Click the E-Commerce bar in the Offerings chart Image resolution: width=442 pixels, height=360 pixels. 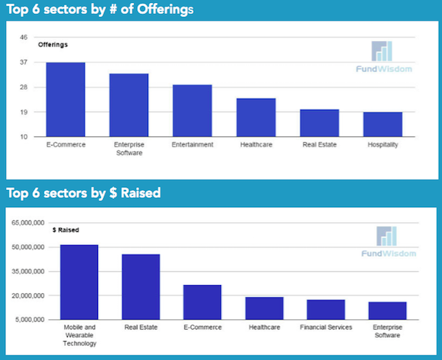[66, 99]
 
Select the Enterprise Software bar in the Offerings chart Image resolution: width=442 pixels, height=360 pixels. [129, 105]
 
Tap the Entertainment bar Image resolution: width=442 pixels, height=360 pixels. [192, 110]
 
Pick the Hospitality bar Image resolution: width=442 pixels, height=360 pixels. [383, 124]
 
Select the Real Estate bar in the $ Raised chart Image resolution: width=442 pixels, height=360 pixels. [141, 286]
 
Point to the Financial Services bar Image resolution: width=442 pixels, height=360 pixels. [326, 309]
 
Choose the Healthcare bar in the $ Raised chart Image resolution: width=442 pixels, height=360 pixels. [264, 308]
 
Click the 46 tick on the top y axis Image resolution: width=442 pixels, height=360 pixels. [24, 38]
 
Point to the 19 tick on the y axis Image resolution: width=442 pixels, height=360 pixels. [24, 112]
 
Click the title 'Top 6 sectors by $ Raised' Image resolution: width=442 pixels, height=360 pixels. [83, 193]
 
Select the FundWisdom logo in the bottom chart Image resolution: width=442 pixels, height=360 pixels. [387, 243]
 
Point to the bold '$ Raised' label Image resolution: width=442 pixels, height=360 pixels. [66, 230]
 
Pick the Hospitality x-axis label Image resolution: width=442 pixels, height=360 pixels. [382, 144]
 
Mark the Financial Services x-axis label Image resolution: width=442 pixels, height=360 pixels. [326, 328]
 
